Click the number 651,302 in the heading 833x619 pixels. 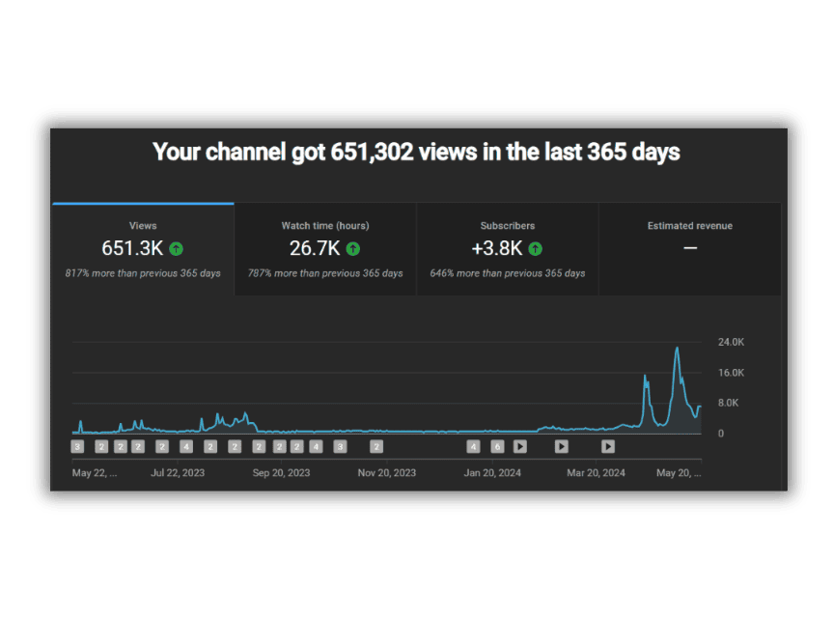pos(372,153)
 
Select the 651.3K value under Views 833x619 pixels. pos(132,248)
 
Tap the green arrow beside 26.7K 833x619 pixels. pos(353,249)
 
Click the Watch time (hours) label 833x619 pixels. pos(325,226)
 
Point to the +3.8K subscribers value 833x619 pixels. pos(497,248)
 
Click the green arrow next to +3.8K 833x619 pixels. pos(536,249)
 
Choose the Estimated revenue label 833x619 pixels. pos(689,226)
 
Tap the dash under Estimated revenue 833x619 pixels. pos(690,248)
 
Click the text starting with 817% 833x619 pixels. pos(143,273)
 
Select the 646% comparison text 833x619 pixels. pos(508,273)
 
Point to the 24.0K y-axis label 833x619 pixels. pos(731,342)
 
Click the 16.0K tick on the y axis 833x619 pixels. pos(731,373)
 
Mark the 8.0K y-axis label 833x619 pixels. pos(729,403)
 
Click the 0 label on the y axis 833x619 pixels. pos(721,434)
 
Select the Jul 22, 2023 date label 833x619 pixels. pos(178,473)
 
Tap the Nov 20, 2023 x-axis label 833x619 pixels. pos(387,473)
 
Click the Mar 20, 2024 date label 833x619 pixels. pos(597,473)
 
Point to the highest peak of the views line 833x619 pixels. pos(677,348)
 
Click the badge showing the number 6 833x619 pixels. pos(497,447)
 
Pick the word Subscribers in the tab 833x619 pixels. pos(508,226)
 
